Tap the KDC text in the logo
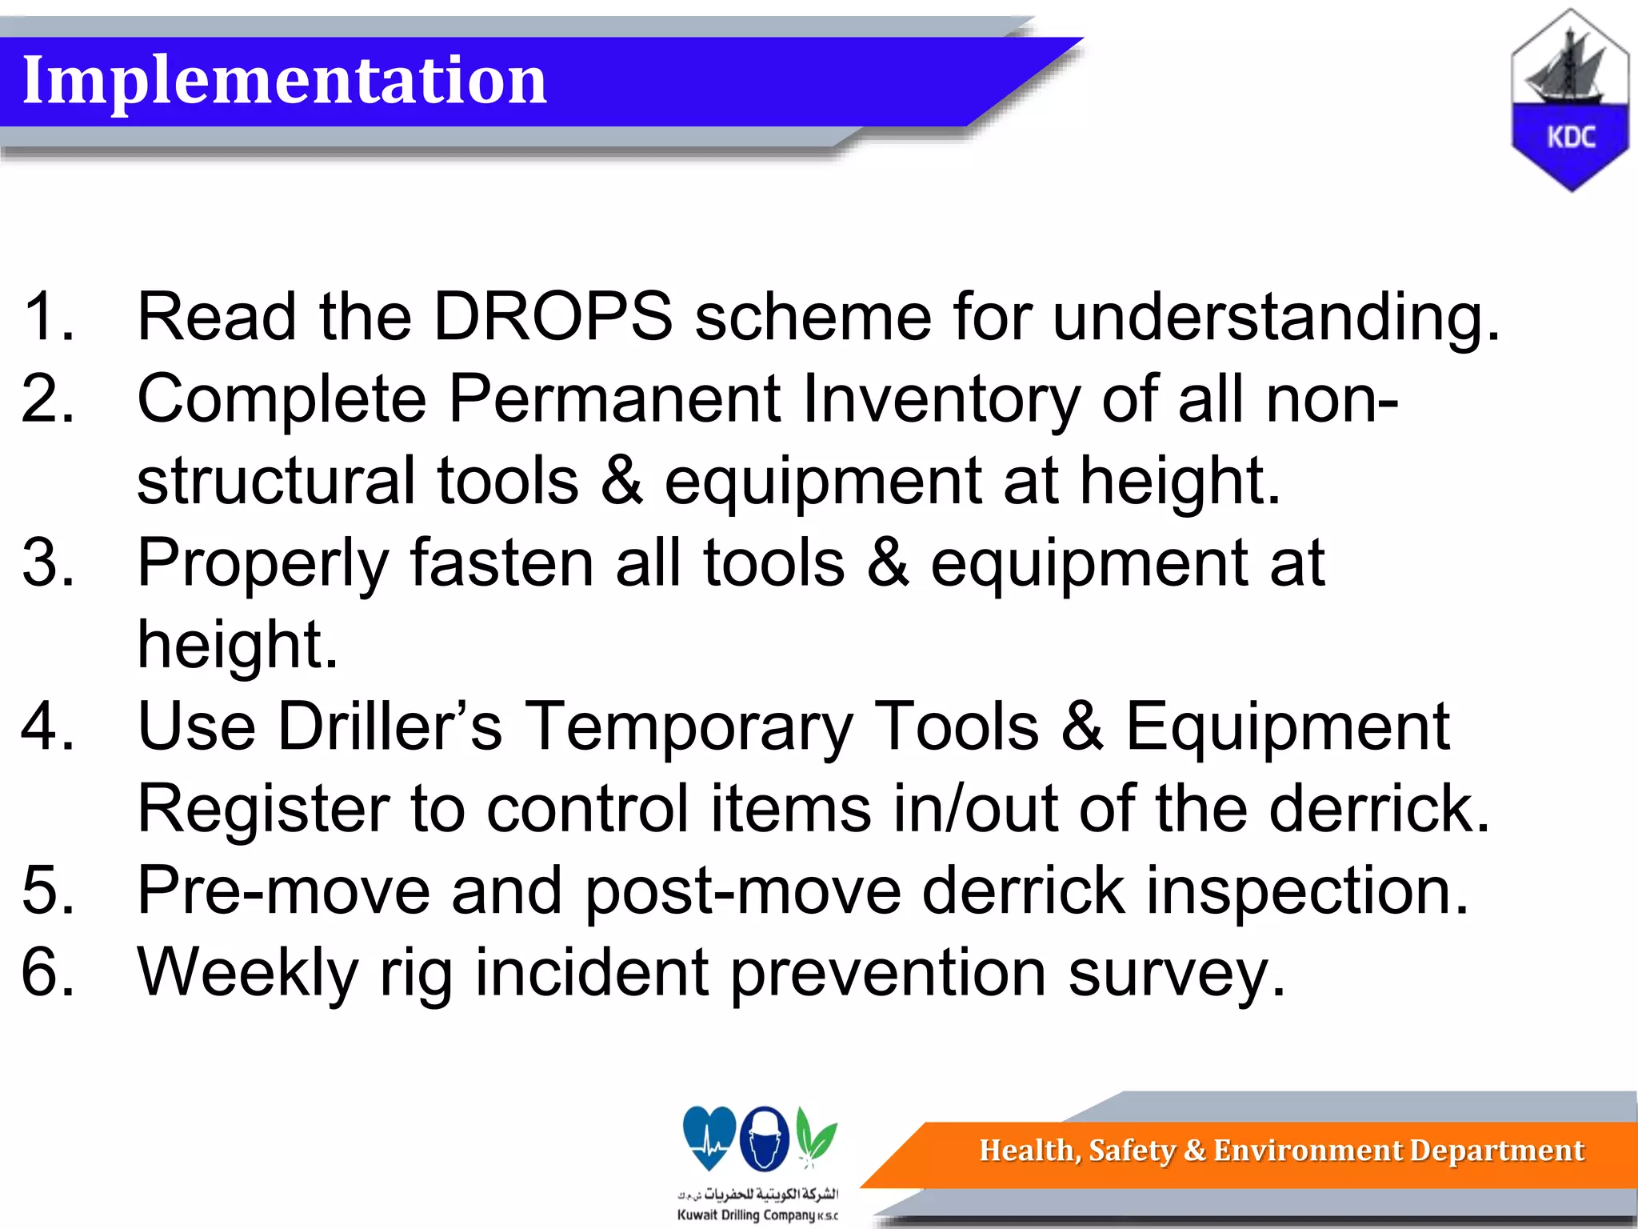point(1571,138)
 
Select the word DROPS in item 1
point(553,317)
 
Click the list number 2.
point(48,398)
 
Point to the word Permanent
point(614,398)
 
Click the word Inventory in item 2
point(941,400)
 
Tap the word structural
point(277,482)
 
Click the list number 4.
point(48,727)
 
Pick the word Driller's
point(391,727)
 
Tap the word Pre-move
point(284,891)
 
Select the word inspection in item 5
point(1307,891)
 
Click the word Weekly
point(248,973)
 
